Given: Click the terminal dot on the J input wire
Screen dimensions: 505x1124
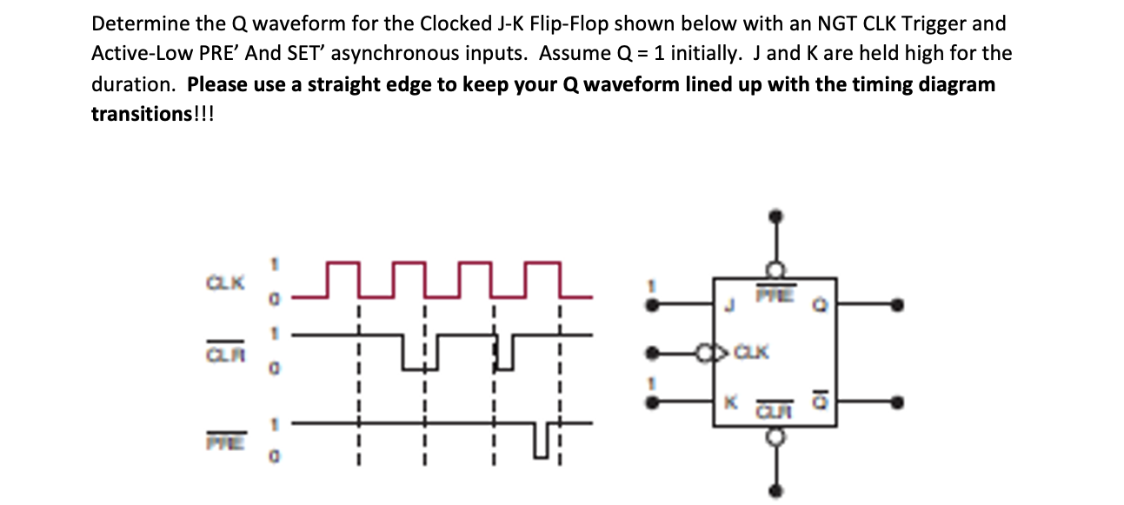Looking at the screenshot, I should click(653, 304).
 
